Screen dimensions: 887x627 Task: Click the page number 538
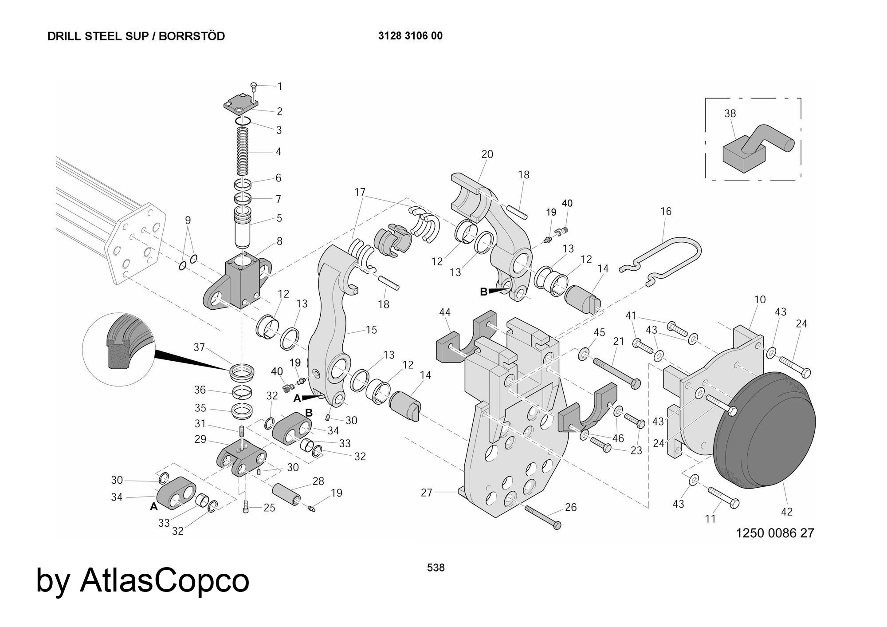pyautogui.click(x=436, y=568)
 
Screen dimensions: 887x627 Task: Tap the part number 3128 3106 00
pyautogui.click(x=410, y=36)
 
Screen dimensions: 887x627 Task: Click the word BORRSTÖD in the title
pyautogui.click(x=192, y=36)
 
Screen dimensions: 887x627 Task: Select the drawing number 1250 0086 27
pyautogui.click(x=775, y=533)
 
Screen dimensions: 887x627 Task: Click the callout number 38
pyautogui.click(x=730, y=114)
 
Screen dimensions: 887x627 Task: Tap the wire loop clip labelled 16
pyautogui.click(x=660, y=262)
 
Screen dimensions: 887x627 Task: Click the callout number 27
pyautogui.click(x=426, y=493)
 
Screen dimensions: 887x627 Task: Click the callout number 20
pyautogui.click(x=487, y=154)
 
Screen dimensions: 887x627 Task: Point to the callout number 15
pyautogui.click(x=371, y=330)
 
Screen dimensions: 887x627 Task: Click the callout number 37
pyautogui.click(x=199, y=347)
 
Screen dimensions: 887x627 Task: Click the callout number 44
pyautogui.click(x=445, y=312)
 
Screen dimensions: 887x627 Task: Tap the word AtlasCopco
pyautogui.click(x=165, y=580)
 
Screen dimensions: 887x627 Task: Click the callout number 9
pyautogui.click(x=188, y=220)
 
